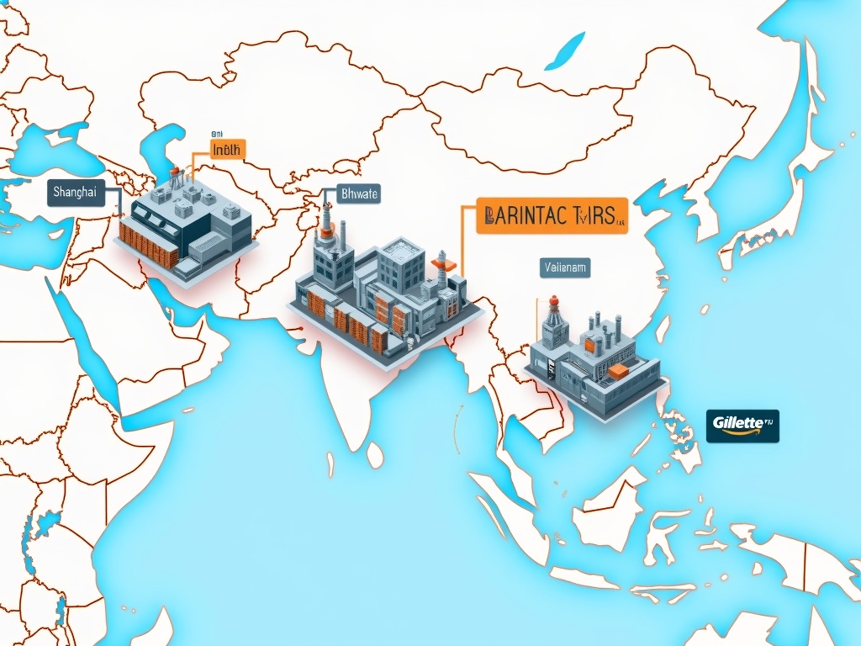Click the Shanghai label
(x=75, y=192)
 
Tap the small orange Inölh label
(x=226, y=150)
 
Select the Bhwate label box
(x=359, y=194)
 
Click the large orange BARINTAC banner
(x=552, y=215)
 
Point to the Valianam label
(x=564, y=268)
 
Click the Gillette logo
(x=742, y=425)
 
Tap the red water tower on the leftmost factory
(x=175, y=174)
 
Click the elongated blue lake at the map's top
(x=564, y=53)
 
